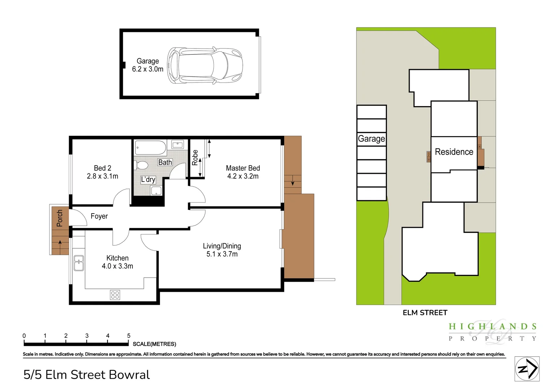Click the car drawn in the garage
point(204,66)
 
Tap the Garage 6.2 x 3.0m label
point(148,65)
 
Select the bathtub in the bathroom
point(150,148)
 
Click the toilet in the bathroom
point(142,165)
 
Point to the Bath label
point(165,163)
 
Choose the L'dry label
point(148,180)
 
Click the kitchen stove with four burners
point(115,295)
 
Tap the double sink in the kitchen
point(79,263)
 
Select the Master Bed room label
point(243,168)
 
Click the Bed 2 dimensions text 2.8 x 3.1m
point(102,176)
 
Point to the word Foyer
point(99,216)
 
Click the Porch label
point(60,218)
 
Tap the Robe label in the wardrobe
point(195,157)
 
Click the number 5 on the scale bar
point(128,336)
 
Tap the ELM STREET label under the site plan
point(425,313)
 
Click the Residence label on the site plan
point(454,152)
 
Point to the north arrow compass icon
point(527,369)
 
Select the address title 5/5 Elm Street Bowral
point(86,375)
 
